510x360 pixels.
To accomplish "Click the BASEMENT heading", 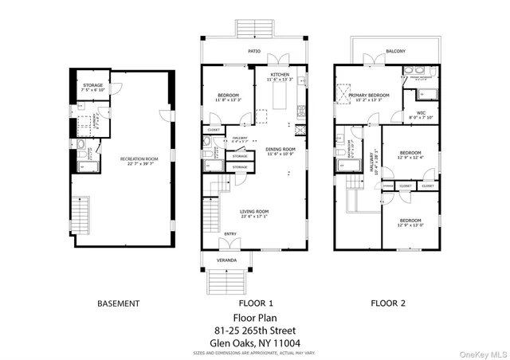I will (118, 303).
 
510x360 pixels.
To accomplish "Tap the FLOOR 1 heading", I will (256, 303).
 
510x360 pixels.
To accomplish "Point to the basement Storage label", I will (92, 88).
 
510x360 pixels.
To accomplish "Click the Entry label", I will (229, 233).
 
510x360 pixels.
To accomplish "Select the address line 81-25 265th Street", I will (255, 330).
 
